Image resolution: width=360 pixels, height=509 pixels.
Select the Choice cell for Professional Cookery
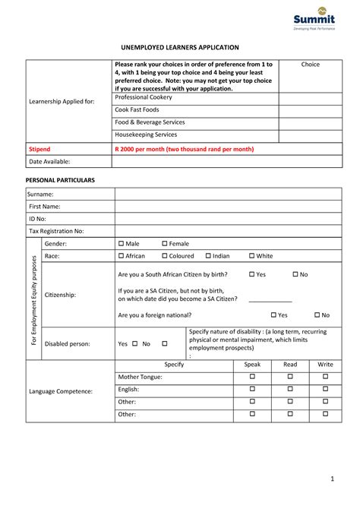[310, 98]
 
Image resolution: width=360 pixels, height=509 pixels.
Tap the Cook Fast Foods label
[137, 110]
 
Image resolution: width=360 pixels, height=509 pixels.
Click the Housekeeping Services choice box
[310, 134]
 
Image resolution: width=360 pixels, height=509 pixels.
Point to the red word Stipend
[39, 149]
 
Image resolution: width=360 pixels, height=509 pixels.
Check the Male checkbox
[121, 244]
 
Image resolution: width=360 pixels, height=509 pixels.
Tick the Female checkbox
[164, 244]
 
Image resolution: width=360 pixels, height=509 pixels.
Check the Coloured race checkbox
[164, 256]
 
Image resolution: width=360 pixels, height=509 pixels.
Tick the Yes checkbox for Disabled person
[134, 343]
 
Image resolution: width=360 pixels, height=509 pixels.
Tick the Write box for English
[325, 389]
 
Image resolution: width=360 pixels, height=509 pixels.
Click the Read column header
[289, 365]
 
